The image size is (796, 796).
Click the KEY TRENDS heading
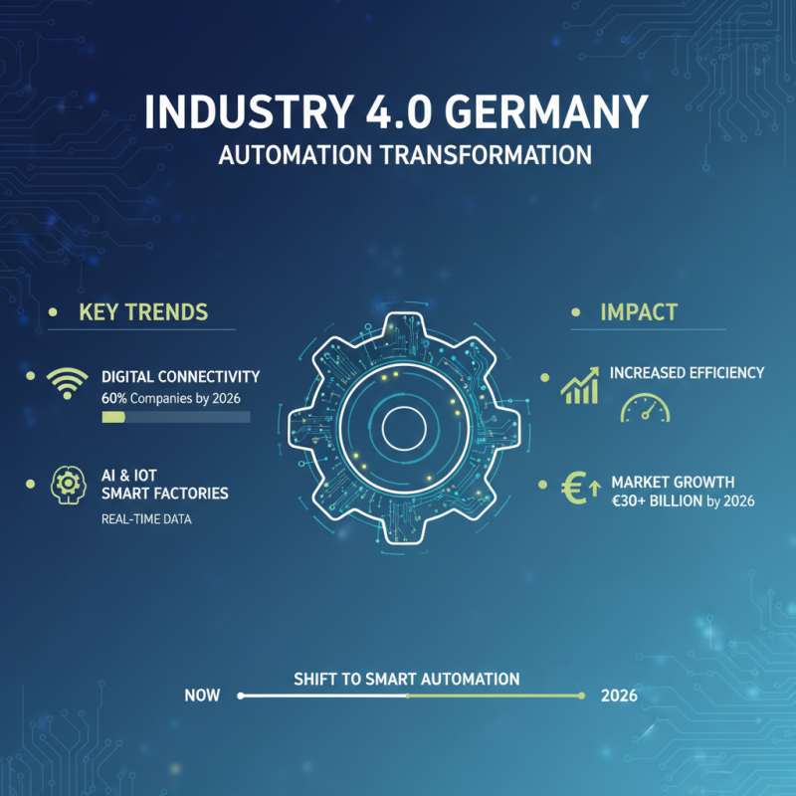143,311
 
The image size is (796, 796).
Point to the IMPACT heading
638,311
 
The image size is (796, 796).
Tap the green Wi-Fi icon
68,381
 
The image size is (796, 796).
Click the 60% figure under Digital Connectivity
115,397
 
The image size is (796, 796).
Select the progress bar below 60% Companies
175,417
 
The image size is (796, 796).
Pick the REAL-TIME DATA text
146,519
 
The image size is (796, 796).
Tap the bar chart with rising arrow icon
579,385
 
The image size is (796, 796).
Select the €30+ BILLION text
658,500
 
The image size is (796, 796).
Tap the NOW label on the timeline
202,696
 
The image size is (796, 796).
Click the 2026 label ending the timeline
619,696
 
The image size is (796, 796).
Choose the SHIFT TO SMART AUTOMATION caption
406,679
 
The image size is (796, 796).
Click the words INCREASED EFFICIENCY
687,372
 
